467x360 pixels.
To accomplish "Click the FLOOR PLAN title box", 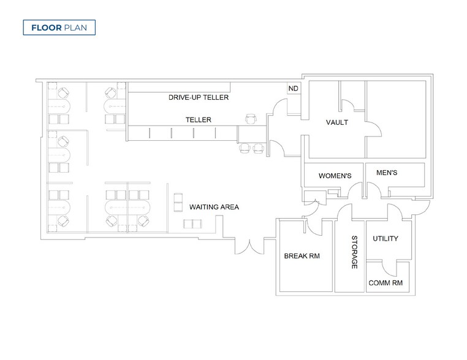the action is coord(59,28).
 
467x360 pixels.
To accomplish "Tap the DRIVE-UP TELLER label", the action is coord(199,97).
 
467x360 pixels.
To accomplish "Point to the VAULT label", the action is coord(337,122).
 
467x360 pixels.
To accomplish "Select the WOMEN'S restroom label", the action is coord(335,176).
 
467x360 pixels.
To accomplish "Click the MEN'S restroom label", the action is coord(387,173).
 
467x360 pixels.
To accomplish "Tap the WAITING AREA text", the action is coord(214,207).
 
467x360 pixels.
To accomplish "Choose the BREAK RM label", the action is coord(302,256).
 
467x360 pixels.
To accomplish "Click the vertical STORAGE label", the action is coord(354,252).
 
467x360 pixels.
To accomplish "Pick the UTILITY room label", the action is coord(385,239).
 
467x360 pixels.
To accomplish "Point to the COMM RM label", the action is coord(385,283).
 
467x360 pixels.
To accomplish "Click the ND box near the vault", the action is coord(294,89).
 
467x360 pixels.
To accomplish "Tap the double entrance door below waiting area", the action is coord(249,246).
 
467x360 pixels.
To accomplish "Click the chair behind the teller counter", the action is coord(251,119).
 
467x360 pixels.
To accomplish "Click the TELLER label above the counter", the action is coord(199,120).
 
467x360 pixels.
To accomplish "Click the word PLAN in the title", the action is coord(75,28).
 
